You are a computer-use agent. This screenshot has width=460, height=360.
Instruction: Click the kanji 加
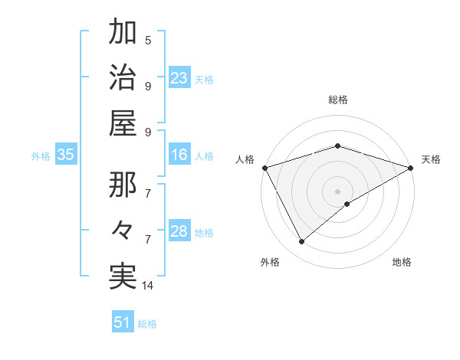coord(123,33)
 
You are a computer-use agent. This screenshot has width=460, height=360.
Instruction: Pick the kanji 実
coord(123,276)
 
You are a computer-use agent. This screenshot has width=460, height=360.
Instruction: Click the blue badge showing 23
coord(179,78)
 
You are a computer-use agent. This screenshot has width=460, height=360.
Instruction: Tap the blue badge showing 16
coord(179,155)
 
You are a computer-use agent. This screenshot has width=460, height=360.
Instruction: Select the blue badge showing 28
coord(179,232)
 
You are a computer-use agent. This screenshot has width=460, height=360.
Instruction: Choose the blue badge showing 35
coord(66,155)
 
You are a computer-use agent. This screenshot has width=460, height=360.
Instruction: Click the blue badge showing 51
coord(123,322)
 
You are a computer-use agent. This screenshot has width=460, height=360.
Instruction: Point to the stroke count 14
coord(148,286)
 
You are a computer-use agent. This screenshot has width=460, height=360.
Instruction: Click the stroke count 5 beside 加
coord(148,40)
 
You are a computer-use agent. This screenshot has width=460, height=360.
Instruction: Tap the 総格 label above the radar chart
coord(337,100)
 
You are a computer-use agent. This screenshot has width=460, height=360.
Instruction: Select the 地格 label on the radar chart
coord(402,262)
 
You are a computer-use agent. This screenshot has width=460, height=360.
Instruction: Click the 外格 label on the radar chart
coord(270,262)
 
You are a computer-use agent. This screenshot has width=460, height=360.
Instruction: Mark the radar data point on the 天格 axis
coord(411,167)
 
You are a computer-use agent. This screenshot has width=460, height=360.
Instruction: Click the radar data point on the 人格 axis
coord(264,167)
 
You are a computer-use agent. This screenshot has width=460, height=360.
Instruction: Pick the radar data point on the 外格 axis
coord(301,242)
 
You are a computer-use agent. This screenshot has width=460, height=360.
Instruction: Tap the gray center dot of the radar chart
coord(337,191)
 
